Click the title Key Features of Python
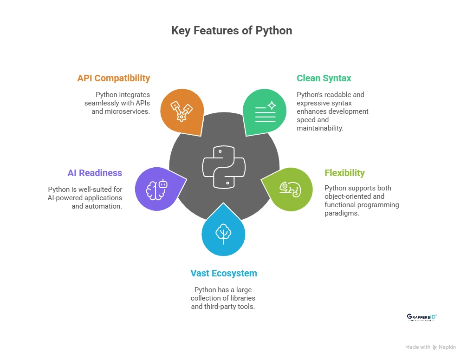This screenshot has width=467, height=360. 232,31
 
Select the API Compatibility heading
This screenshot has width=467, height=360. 114,78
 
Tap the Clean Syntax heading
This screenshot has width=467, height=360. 324,78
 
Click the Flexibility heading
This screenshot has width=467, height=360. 344,173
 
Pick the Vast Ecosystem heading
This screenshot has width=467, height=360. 224,273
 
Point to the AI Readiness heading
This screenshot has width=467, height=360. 95,173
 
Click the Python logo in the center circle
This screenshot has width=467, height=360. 224,167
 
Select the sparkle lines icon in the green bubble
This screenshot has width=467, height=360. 266,111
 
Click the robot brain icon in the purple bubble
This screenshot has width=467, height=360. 156,189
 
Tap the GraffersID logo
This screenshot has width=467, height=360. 422,317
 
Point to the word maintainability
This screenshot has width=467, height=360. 320,128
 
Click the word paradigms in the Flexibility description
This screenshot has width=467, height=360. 342,213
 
